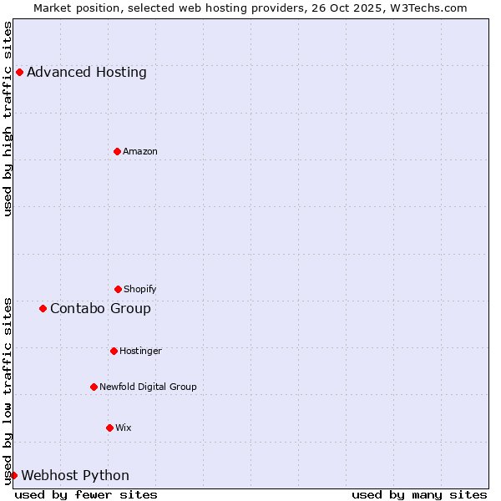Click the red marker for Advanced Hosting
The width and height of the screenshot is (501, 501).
19,72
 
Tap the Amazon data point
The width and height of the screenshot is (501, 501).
117,151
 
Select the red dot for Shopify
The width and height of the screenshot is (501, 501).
118,289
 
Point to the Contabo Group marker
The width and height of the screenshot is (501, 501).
43,308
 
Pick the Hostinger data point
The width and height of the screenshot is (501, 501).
114,351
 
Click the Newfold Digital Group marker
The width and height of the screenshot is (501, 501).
94,387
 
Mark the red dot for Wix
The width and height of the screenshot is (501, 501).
109,428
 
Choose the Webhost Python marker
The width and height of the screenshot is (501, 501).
13,475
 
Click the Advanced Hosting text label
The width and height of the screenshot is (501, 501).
87,72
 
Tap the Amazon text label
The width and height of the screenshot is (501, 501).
140,151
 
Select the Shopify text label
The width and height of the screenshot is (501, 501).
140,289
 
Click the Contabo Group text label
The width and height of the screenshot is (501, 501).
100,308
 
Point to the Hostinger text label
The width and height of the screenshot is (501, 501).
140,351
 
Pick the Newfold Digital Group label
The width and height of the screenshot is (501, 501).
148,387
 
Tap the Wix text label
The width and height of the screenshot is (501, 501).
124,428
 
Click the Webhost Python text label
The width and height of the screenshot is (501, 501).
75,475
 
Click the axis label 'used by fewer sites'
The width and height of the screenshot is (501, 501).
86,494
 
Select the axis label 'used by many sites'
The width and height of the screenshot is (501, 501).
419,494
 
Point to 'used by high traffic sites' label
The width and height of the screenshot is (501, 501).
8,119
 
